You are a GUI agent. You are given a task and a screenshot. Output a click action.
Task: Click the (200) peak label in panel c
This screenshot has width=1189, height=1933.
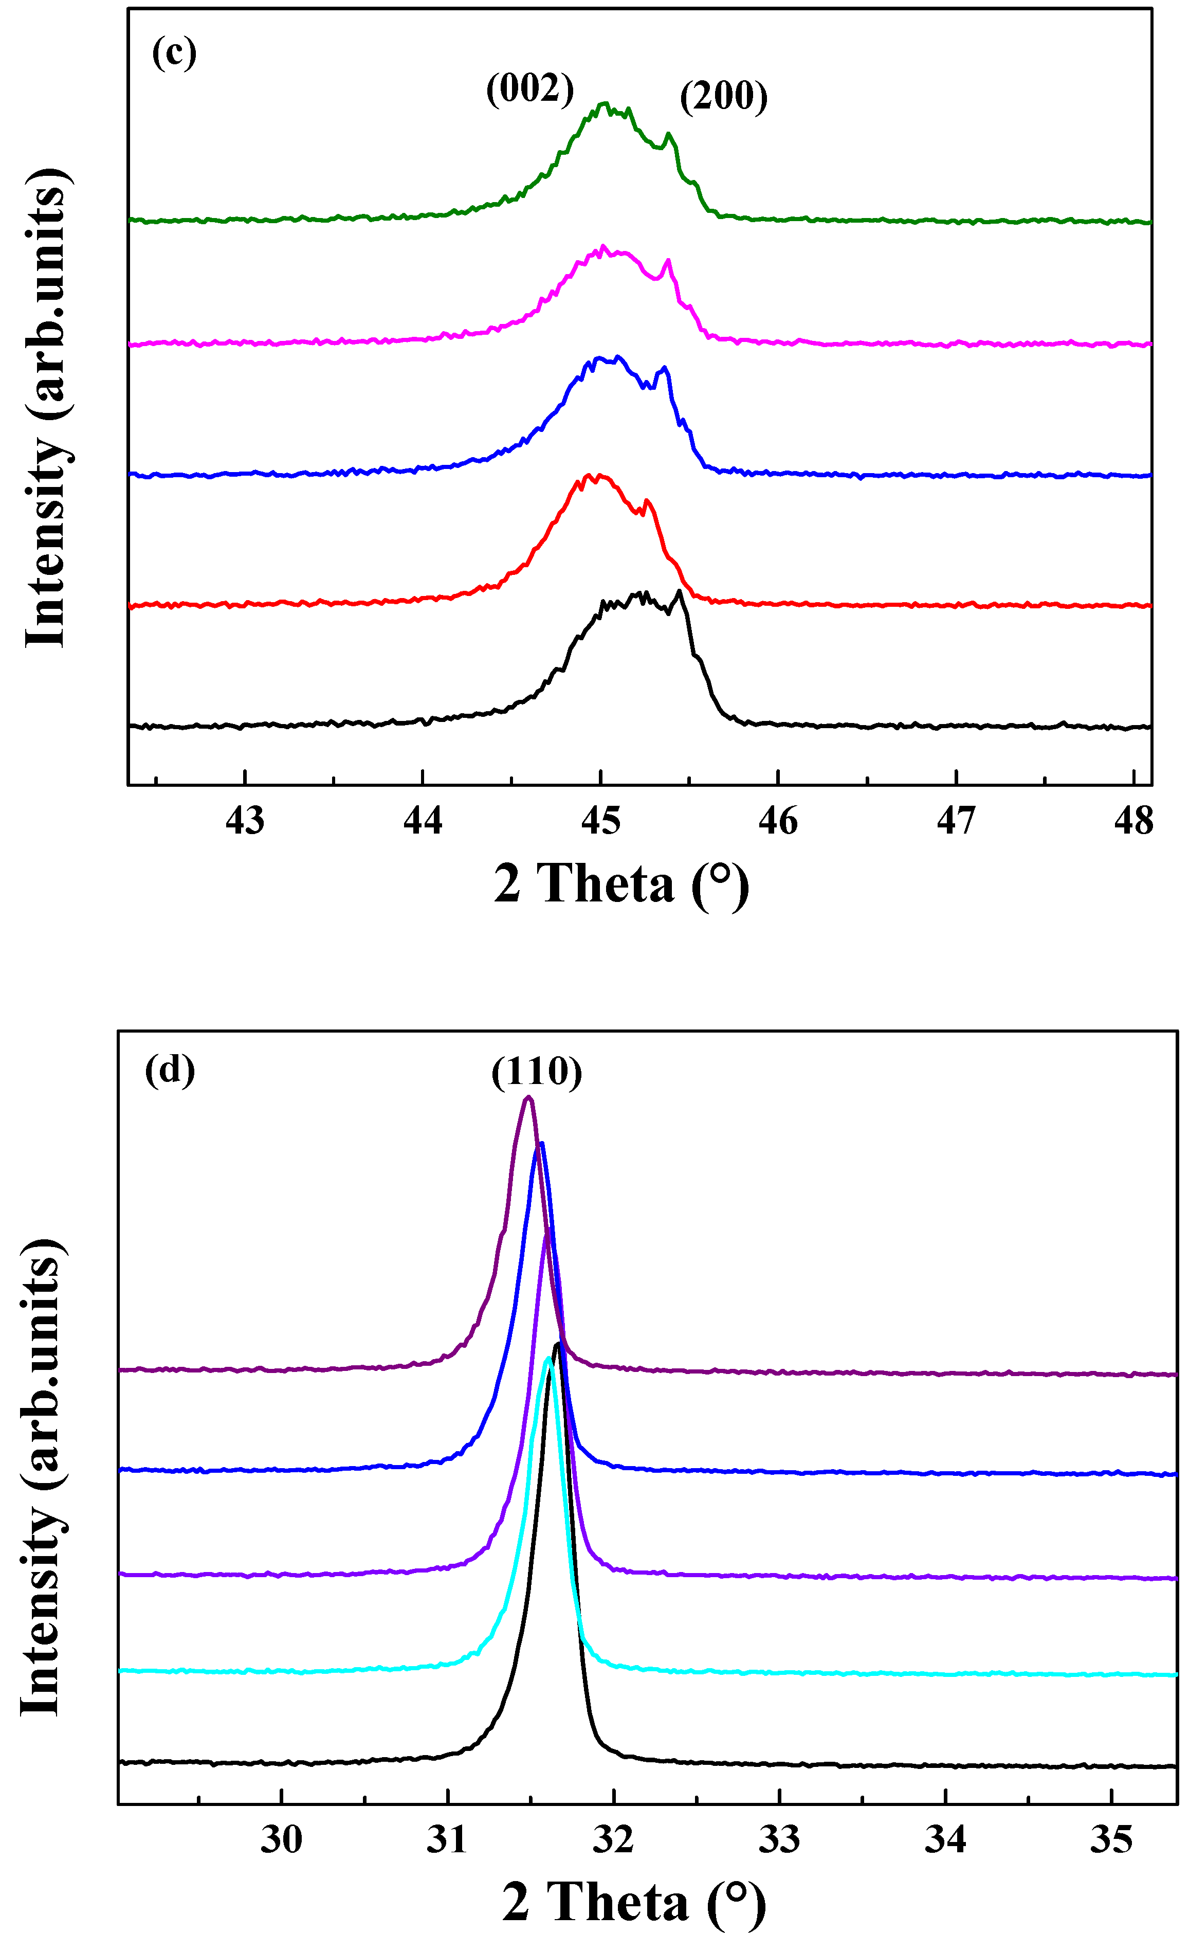click(723, 97)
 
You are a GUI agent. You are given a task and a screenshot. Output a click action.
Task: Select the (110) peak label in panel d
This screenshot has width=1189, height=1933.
click(537, 1071)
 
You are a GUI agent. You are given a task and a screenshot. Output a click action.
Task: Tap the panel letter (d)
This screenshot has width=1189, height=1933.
click(170, 1070)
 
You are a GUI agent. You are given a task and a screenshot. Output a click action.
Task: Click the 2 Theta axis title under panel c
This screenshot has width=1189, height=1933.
click(621, 884)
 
